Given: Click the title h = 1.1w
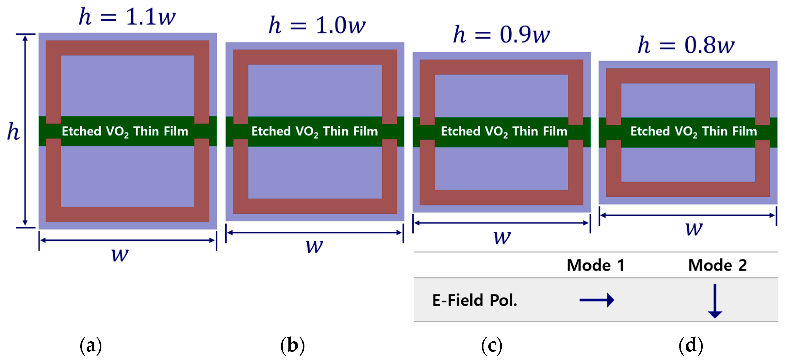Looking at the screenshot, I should tap(127, 17).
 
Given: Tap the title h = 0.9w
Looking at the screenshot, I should tap(502, 34).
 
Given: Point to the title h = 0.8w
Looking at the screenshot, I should tap(686, 45).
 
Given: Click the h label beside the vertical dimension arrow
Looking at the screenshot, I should tap(13, 132).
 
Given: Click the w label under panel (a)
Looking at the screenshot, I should tap(120, 254).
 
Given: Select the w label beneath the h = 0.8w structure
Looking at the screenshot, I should tap(694, 228).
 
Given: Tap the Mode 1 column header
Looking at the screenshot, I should tap(596, 265).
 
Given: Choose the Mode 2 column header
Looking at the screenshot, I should tap(717, 265).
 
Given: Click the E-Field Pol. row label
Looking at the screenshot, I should tap(474, 300).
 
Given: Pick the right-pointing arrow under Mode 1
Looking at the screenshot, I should tap(596, 300).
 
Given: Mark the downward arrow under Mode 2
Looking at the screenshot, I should tap(715, 301).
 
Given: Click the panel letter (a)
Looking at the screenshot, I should tap(90, 345).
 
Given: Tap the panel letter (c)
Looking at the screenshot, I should tap(491, 345).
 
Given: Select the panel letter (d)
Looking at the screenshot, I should tap(691, 345).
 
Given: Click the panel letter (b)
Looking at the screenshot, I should tap(292, 345).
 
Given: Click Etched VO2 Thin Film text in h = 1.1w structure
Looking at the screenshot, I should tap(125, 131).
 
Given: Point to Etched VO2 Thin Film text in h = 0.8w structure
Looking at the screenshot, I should tap(694, 131).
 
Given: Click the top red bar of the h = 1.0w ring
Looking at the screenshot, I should tap(315, 57).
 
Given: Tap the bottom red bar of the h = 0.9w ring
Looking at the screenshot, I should tap(501, 197).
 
